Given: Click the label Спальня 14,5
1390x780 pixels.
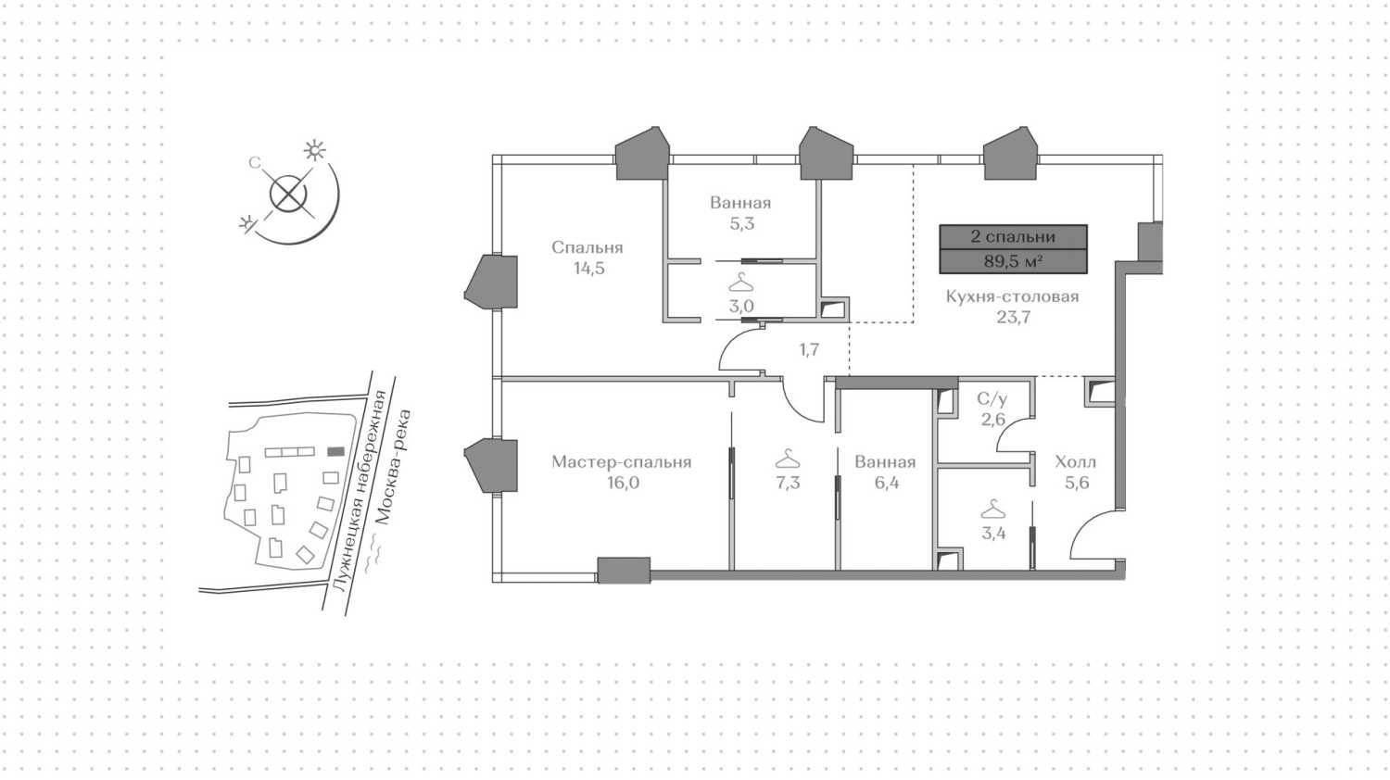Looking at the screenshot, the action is click(x=587, y=258).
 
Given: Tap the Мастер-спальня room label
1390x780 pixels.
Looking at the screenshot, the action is click(x=621, y=462).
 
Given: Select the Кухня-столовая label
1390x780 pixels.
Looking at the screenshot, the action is click(x=1012, y=296).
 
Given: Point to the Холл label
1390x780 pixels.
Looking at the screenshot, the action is click(x=1075, y=462).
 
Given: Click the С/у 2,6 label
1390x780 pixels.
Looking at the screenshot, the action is click(x=992, y=409).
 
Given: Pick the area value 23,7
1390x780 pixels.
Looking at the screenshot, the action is click(x=1014, y=318).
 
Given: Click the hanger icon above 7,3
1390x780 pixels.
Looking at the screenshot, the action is click(x=788, y=459).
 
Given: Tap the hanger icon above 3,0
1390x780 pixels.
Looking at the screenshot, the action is click(x=740, y=283).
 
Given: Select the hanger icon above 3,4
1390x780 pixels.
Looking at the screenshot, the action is click(x=992, y=509).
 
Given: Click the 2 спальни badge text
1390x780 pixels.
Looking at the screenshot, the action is click(x=1013, y=237).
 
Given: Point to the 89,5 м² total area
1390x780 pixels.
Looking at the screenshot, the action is click(x=1013, y=261).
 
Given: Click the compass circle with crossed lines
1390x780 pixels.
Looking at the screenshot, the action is click(x=288, y=193).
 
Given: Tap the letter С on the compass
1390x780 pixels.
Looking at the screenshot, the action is click(x=255, y=163).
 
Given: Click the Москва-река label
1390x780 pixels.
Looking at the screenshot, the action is click(x=394, y=467).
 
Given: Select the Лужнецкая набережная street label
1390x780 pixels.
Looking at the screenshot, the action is click(x=360, y=491).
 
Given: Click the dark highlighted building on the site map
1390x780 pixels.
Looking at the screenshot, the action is click(x=335, y=452).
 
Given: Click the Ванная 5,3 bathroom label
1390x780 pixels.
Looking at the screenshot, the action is click(x=741, y=213).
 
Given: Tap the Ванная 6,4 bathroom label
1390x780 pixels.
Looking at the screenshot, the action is click(x=886, y=472).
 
